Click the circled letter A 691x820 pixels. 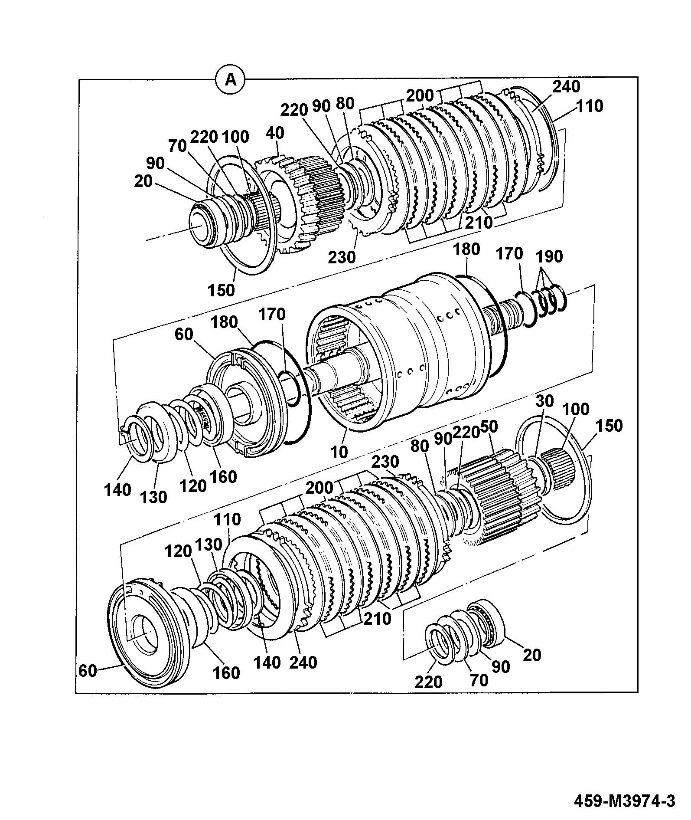point(231,80)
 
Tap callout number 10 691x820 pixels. point(339,452)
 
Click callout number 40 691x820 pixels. point(275,133)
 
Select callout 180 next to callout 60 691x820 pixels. point(225,322)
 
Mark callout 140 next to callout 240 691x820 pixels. point(267,663)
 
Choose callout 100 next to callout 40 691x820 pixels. point(235,137)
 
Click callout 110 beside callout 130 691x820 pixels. point(226,519)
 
